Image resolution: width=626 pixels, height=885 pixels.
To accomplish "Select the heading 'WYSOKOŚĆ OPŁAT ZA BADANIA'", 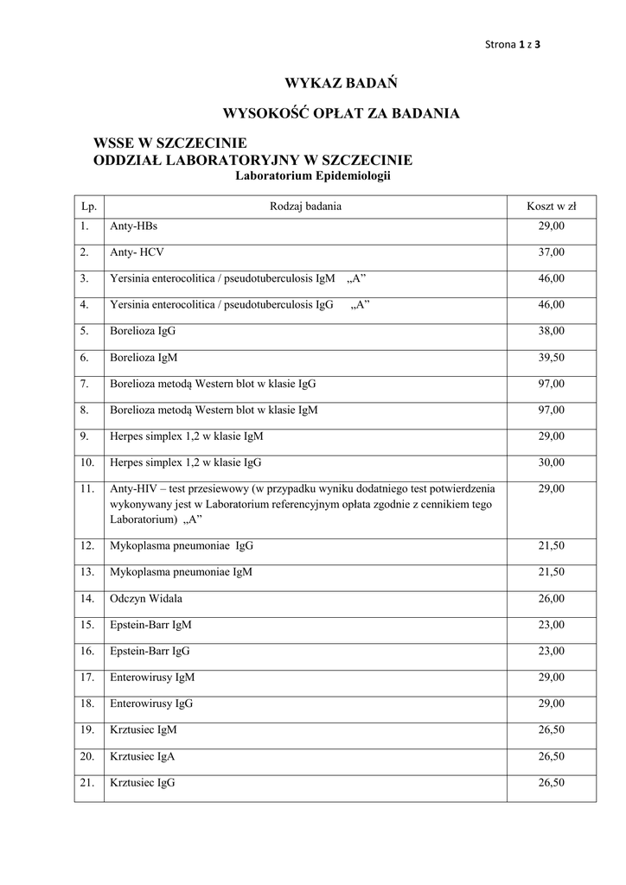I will (x=341, y=112).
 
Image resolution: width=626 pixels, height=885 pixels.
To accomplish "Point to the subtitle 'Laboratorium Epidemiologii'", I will (x=314, y=175).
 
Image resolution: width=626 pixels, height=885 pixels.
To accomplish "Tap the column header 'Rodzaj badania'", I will (x=305, y=207).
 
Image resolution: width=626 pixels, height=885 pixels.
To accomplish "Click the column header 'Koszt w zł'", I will (x=551, y=207).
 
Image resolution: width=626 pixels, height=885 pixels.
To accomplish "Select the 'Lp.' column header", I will (x=88, y=207).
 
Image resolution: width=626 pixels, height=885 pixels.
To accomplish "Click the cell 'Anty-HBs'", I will (x=133, y=226).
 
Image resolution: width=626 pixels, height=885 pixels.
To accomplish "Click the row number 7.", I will (x=85, y=383).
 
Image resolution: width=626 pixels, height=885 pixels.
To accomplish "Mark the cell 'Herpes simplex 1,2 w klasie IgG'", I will (x=185, y=462).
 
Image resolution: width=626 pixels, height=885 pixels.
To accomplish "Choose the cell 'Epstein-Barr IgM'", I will (x=151, y=624).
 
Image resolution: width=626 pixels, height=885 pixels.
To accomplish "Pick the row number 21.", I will (x=86, y=783).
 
